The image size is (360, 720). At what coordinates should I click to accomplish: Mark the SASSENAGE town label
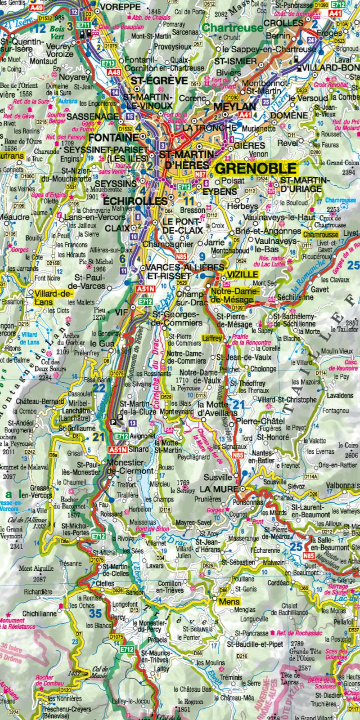pyautogui.click(x=92, y=116)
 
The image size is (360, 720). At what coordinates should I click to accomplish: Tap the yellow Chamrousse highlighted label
pyautogui.click(x=320, y=235)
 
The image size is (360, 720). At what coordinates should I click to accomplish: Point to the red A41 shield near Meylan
pyautogui.click(x=245, y=115)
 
